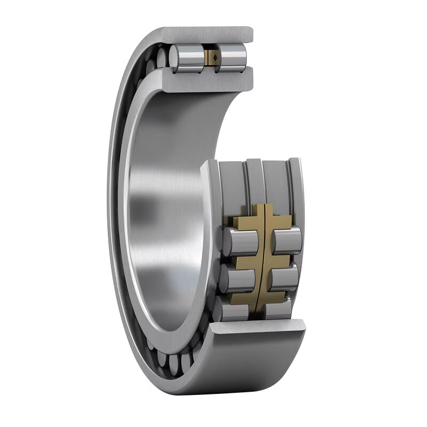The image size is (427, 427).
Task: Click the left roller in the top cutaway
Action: [x=187, y=57]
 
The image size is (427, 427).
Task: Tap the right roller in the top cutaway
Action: [x=231, y=56]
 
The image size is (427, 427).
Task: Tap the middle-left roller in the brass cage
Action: [x=239, y=276]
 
